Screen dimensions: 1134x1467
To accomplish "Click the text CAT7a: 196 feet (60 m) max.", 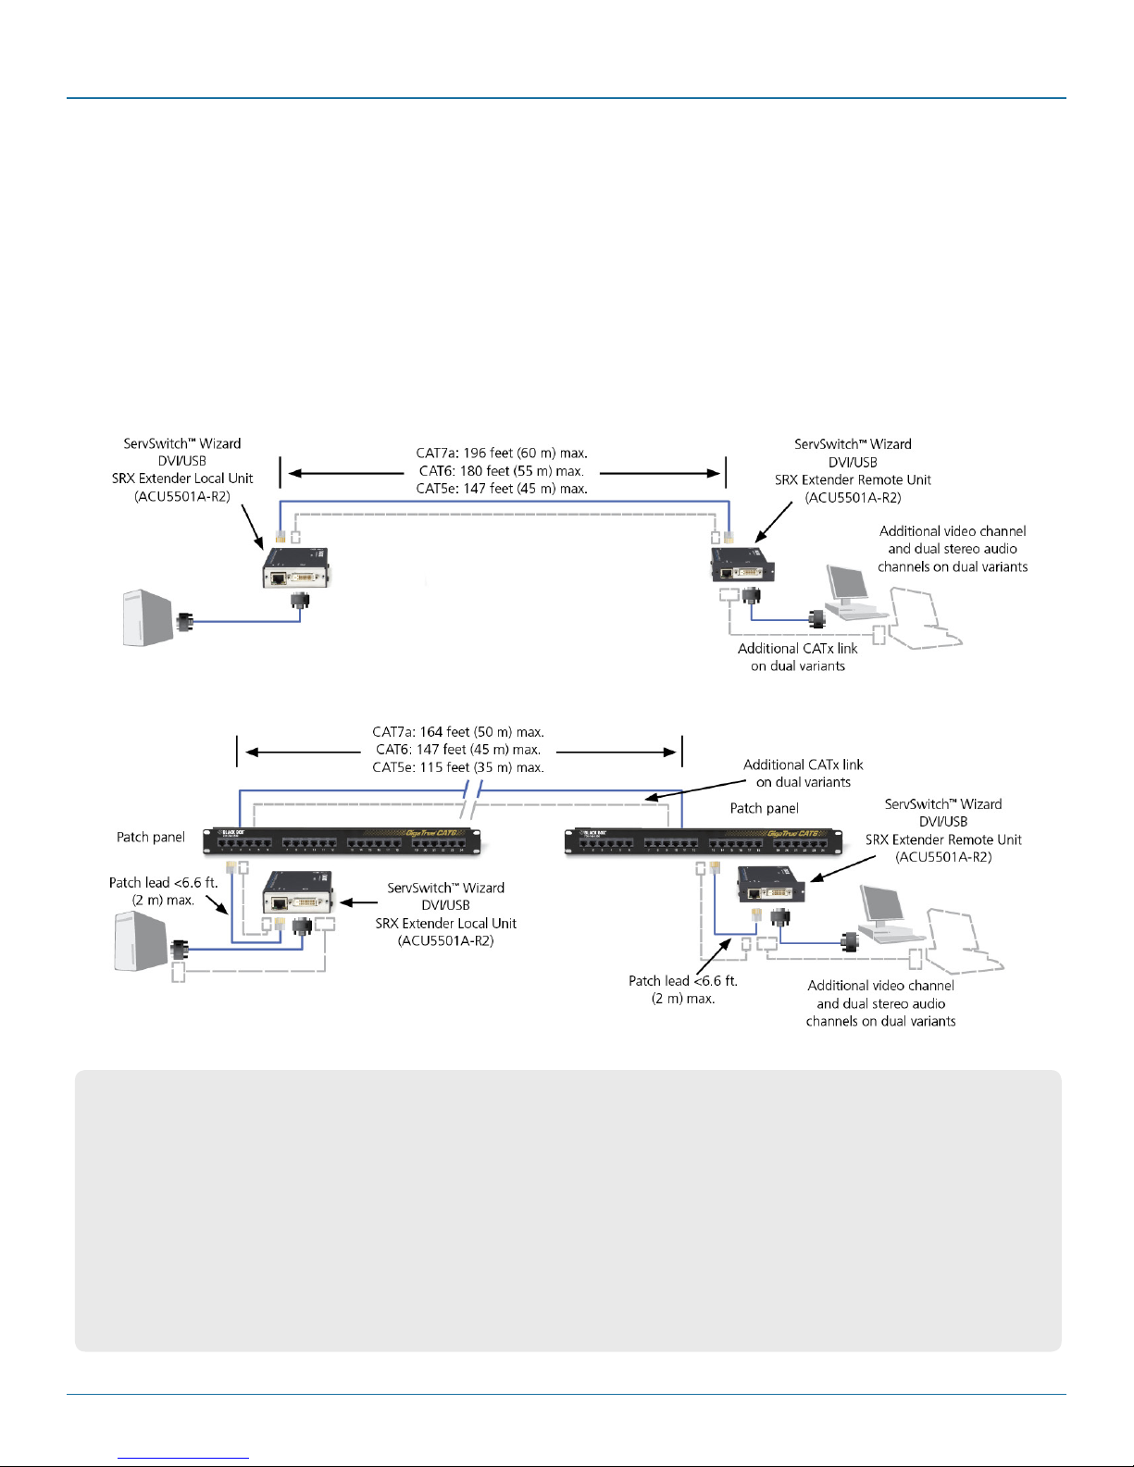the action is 502,454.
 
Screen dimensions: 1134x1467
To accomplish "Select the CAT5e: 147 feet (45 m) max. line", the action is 502,489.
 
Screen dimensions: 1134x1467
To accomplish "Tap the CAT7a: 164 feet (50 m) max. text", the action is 458,732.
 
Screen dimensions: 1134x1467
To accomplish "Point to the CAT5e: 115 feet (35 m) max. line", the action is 458,767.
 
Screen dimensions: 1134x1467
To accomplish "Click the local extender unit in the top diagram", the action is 295,568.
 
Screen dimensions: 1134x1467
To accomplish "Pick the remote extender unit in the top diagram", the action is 742,566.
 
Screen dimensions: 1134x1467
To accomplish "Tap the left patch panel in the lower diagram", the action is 342,840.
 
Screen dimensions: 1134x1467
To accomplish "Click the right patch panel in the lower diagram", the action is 704,840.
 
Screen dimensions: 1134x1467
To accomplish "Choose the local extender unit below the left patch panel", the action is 297,893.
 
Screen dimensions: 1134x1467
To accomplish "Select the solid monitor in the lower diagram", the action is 884,913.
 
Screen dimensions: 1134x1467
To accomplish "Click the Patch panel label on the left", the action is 151,838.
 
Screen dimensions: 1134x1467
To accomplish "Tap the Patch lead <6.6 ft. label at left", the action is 163,883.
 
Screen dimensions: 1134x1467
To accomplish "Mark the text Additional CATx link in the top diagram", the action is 797,649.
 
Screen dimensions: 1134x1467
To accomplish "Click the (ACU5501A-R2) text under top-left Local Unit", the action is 182,497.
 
